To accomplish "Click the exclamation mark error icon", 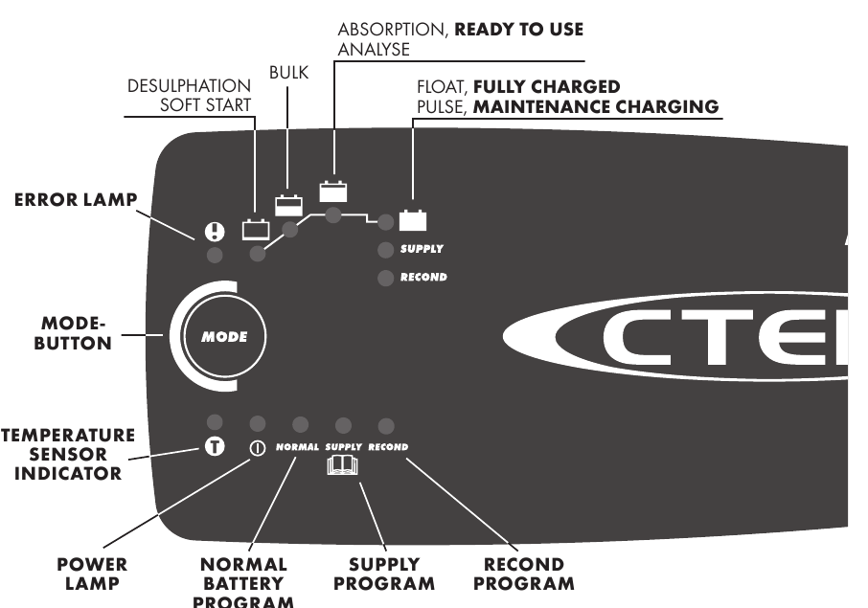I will (215, 231).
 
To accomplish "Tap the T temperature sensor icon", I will (216, 446).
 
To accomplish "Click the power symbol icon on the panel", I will (257, 447).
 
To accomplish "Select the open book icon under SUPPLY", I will (342, 467).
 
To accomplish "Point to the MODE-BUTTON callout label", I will (73, 334).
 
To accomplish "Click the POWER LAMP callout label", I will (92, 574).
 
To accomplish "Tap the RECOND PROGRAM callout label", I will (524, 574).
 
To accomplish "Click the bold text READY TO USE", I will (518, 30).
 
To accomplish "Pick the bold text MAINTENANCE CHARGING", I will (596, 106).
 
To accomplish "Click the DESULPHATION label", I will (190, 86).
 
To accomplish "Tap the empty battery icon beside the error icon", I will (256, 229).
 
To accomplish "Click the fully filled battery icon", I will (413, 220).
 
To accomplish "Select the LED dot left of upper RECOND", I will (385, 278).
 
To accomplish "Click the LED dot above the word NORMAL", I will (300, 424).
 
